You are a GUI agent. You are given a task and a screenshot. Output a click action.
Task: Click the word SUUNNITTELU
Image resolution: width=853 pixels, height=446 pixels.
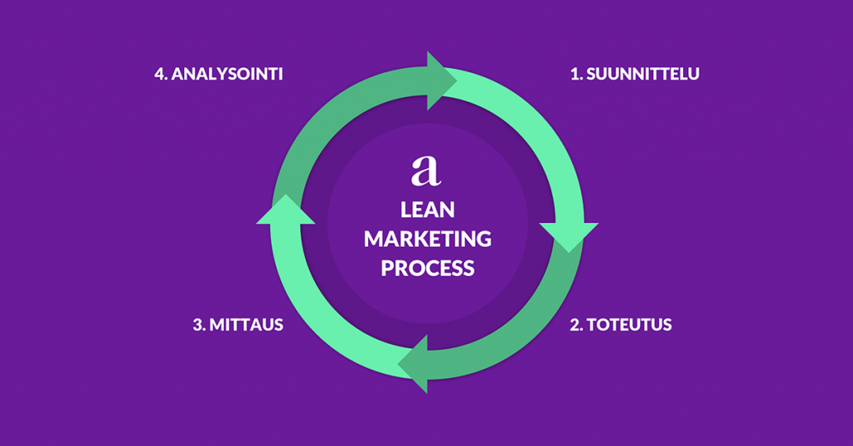[643, 74]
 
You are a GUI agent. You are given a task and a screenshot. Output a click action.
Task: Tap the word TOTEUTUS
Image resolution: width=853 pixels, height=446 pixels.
[631, 325]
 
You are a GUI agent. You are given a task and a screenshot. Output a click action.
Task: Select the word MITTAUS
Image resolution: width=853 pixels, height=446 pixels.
[247, 325]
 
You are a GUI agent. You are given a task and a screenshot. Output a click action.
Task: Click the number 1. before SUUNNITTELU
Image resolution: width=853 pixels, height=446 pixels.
[576, 74]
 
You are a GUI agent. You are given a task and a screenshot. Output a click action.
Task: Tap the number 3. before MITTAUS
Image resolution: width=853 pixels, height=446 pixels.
[199, 325]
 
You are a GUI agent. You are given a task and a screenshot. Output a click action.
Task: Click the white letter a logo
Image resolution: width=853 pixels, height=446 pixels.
[426, 170]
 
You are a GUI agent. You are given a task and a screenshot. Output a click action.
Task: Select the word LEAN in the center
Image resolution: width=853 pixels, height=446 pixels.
[427, 210]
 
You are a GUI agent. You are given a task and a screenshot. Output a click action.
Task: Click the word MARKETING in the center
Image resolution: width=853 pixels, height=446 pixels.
[427, 240]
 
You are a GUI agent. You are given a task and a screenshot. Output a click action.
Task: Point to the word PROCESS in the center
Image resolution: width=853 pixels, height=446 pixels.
[427, 269]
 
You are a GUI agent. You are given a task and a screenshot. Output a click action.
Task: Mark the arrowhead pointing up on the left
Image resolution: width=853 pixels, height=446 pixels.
[286, 210]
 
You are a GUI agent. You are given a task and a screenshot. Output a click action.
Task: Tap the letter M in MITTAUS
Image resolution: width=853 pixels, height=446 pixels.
[218, 325]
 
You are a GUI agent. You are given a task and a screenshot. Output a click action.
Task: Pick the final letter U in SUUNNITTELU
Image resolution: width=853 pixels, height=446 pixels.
[693, 74]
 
